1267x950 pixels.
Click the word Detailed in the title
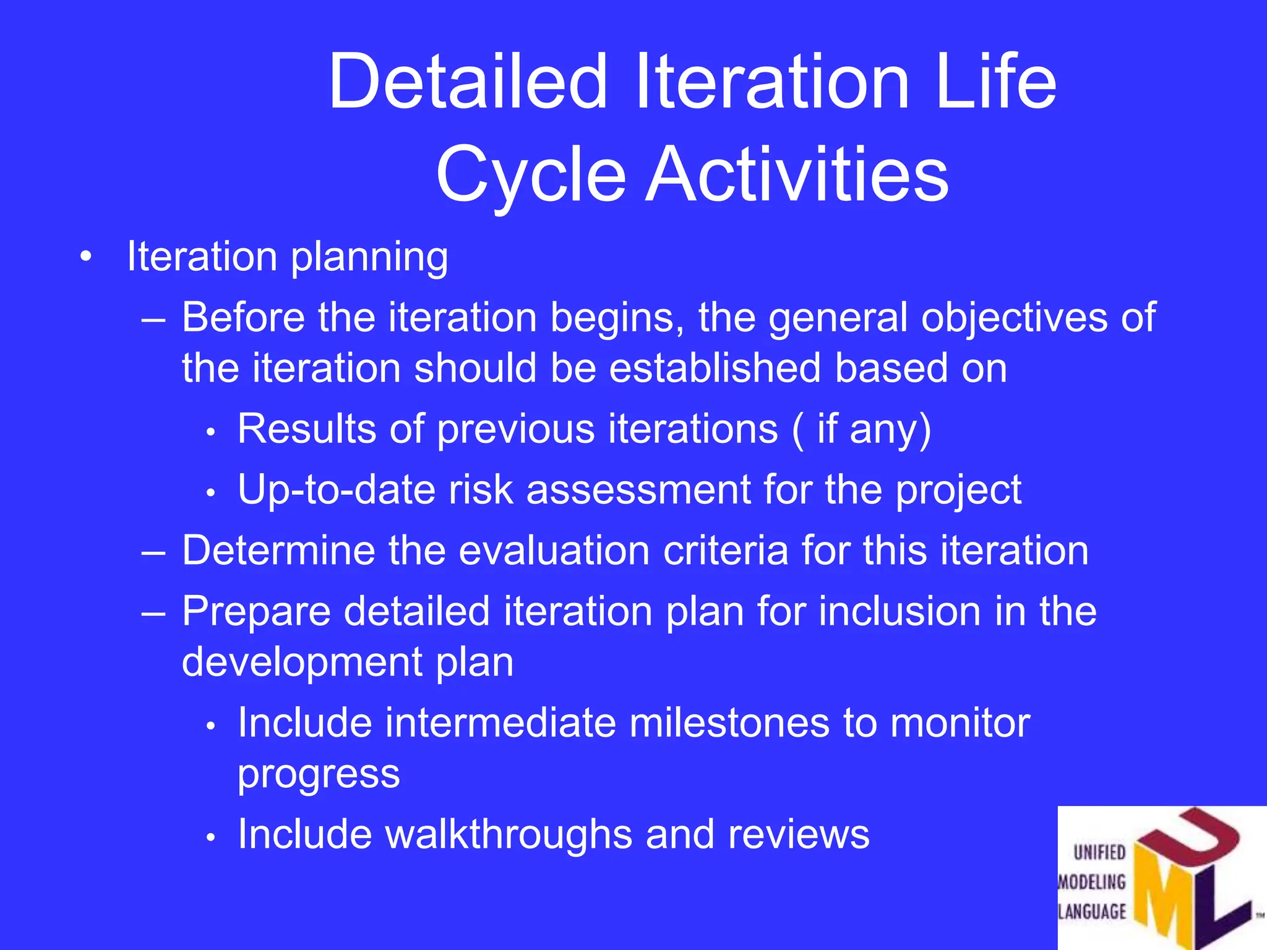pos(468,82)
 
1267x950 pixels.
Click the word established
pos(716,368)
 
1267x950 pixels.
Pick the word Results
pos(307,429)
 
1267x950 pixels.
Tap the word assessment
pos(639,489)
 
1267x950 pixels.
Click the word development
pos(302,662)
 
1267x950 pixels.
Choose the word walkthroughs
pos(509,834)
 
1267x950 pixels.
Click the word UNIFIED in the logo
pos(1099,852)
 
